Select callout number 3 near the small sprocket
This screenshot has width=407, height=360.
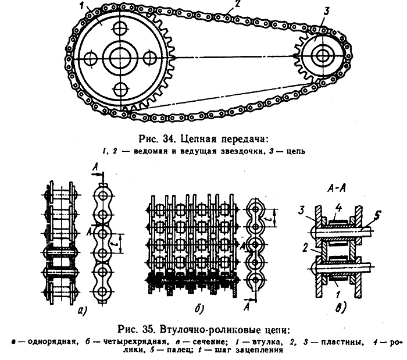tap(326, 12)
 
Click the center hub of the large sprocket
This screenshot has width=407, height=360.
tap(120, 58)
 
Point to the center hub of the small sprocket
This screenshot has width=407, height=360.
tap(322, 55)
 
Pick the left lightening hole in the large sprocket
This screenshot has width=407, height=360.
tap(91, 58)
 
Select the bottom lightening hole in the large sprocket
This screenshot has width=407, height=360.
tap(120, 90)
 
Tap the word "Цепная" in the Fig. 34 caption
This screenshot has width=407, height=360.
tap(199, 139)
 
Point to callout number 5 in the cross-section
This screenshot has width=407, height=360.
tap(377, 216)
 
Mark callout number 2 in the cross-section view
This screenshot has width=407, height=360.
tap(305, 248)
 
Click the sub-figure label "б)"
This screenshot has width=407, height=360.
tap(199, 309)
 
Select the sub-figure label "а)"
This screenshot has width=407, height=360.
tap(83, 310)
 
